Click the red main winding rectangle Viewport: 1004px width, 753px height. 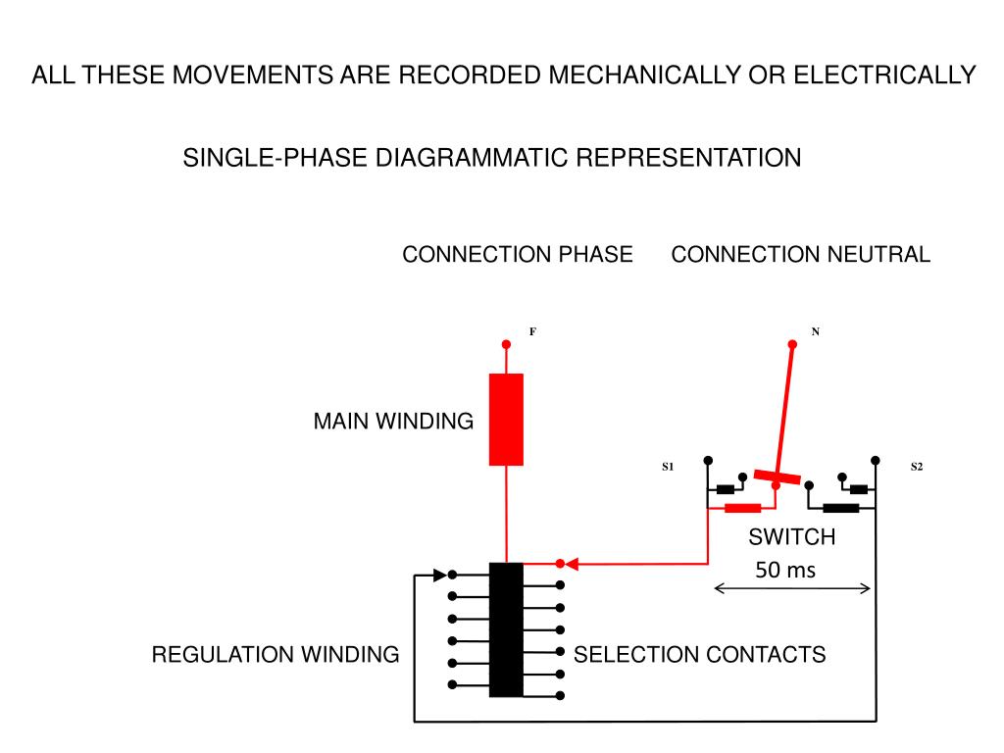506,420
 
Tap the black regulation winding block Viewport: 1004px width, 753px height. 506,629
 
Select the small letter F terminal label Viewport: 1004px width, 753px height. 532,331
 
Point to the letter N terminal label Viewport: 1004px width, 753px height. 815,331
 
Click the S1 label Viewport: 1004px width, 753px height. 668,466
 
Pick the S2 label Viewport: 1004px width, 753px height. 917,466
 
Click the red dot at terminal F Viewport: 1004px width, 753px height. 506,344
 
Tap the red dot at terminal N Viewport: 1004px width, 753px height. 792,344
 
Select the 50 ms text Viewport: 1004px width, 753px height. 785,570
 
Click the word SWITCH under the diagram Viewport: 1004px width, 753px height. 792,536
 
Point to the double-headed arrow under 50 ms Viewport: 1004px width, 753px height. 792,588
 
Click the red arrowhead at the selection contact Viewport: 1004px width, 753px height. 572,564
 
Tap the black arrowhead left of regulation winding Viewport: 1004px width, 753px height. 440,575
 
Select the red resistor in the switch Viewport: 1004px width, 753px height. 743,509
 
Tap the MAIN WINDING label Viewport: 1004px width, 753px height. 393,422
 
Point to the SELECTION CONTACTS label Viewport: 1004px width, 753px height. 699,654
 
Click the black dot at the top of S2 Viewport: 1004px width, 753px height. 876,461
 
